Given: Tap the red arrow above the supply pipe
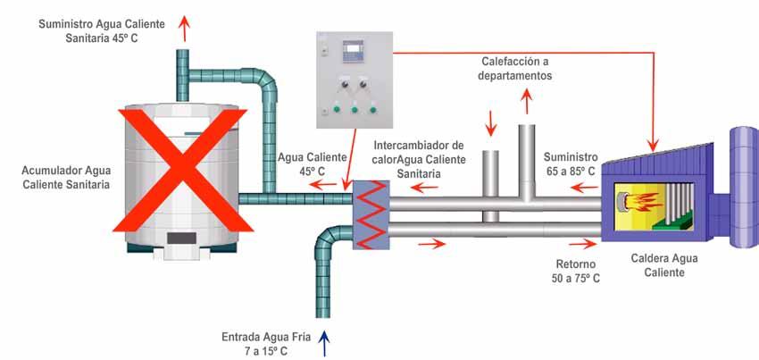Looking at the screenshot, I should point(186,28).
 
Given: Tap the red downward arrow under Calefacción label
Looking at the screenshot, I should point(489,121).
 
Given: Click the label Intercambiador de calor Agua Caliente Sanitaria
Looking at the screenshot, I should point(419,159).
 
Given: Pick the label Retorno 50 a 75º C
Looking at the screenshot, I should point(575,272).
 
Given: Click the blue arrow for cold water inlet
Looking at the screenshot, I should point(324,341).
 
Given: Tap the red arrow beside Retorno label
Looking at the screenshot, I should point(585,241).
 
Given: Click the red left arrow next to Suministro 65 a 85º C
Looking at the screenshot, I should point(585,188).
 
